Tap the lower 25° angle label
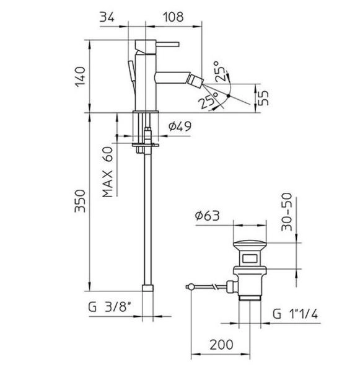[208, 97]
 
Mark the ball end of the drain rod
[188, 286]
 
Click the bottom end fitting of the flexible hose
[147, 288]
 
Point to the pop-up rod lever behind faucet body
[131, 68]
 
